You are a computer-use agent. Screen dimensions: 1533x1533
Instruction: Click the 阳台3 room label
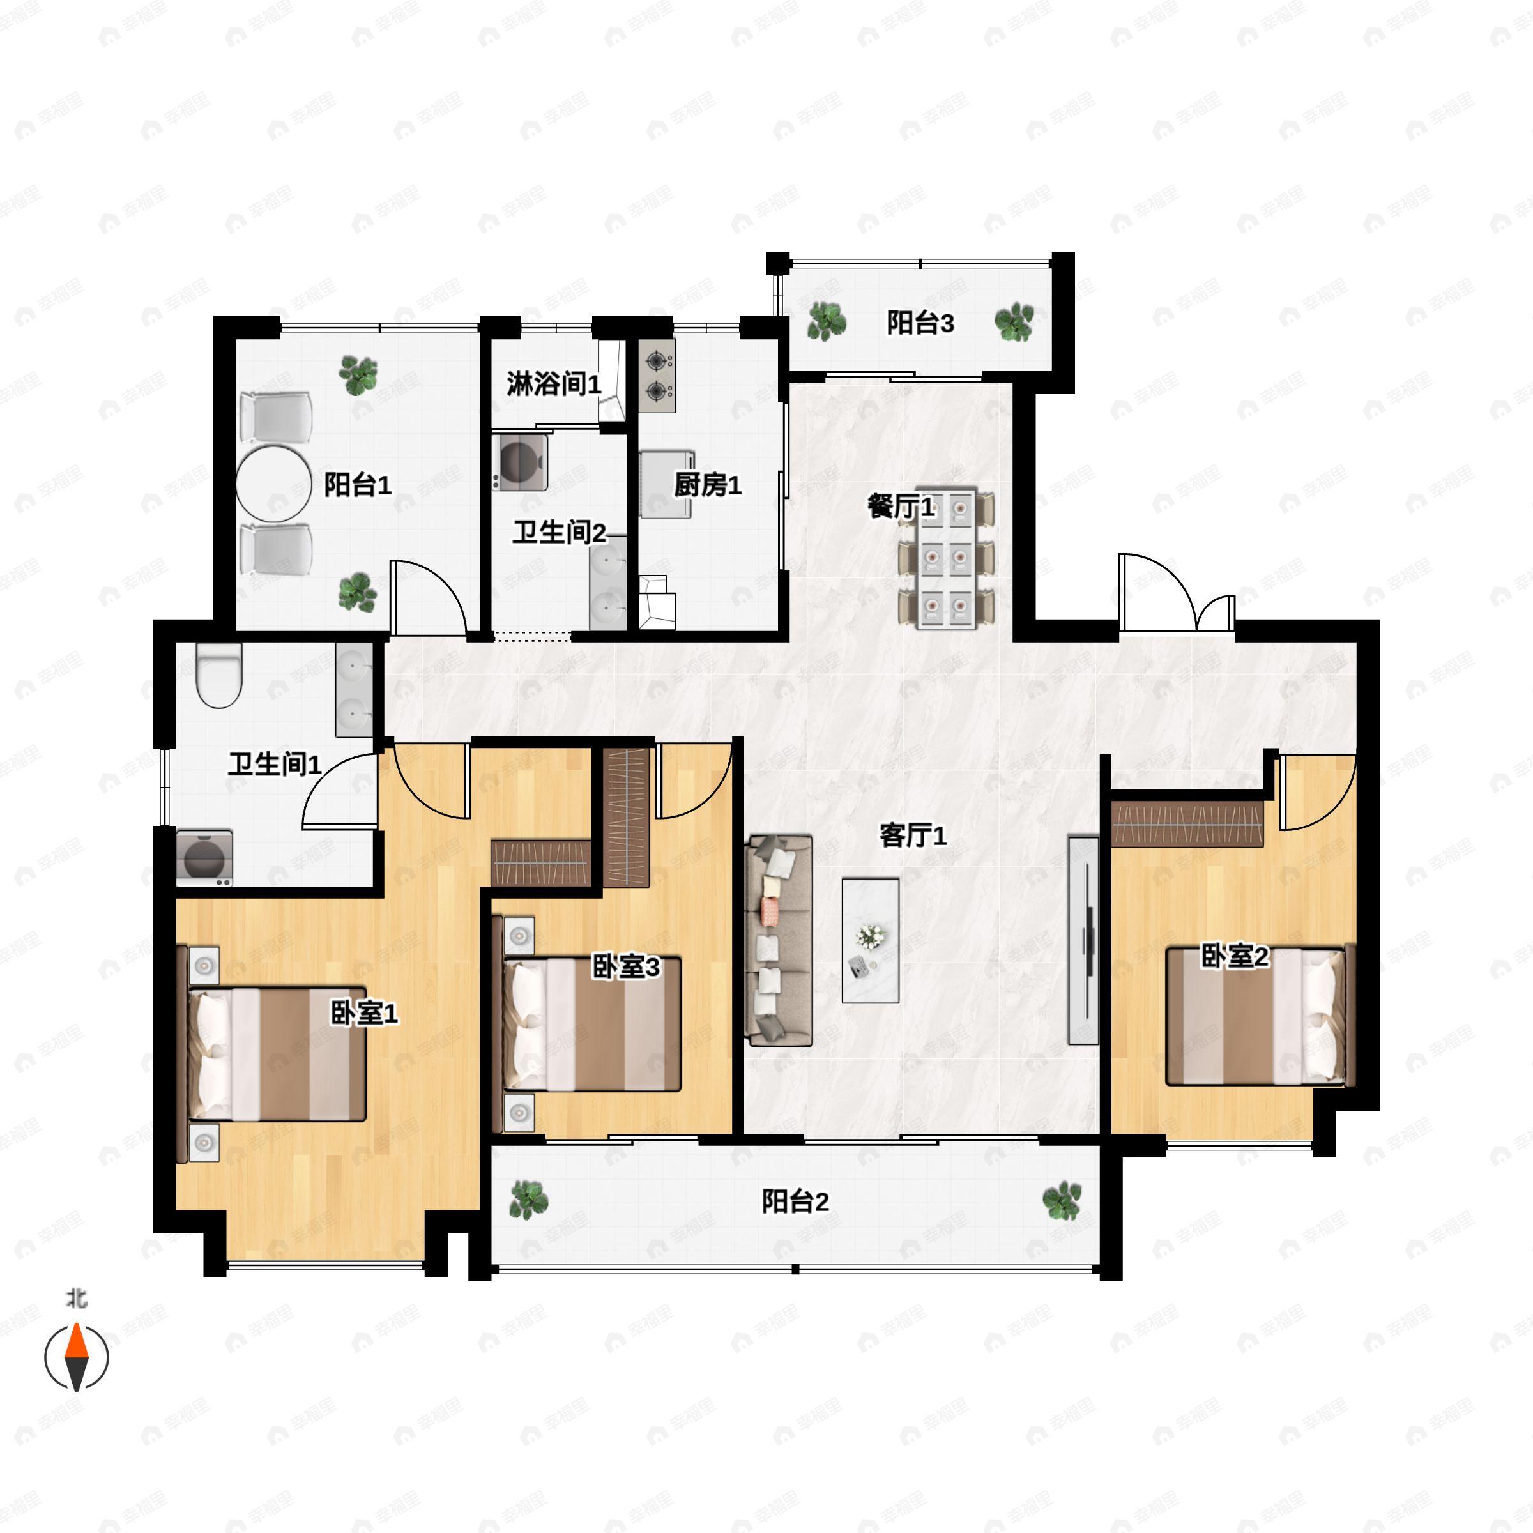pyautogui.click(x=920, y=323)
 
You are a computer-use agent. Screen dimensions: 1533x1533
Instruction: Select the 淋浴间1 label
pyautogui.click(x=554, y=384)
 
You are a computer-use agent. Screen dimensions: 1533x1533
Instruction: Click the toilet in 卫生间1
pyautogui.click(x=219, y=675)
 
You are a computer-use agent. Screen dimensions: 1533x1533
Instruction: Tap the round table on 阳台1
pyautogui.click(x=274, y=485)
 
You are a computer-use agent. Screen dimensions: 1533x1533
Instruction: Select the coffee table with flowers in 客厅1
pyautogui.click(x=871, y=940)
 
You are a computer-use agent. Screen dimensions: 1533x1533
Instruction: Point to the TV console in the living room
pyautogui.click(x=1083, y=940)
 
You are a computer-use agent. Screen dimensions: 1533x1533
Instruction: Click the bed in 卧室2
pyautogui.click(x=1255, y=1016)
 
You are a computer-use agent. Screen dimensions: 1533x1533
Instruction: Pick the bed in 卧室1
pyautogui.click(x=277, y=1054)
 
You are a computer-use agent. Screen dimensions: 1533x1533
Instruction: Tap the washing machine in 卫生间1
pyautogui.click(x=204, y=858)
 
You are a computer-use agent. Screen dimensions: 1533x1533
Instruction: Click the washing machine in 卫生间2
pyautogui.click(x=521, y=461)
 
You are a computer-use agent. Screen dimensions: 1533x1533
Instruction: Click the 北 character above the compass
pyautogui.click(x=76, y=1298)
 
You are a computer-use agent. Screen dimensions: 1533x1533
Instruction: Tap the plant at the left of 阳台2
pyautogui.click(x=528, y=1199)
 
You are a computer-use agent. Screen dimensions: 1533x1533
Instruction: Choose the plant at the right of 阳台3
pyautogui.click(x=1015, y=322)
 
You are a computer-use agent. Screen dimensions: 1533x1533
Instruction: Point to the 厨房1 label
pyautogui.click(x=708, y=485)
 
